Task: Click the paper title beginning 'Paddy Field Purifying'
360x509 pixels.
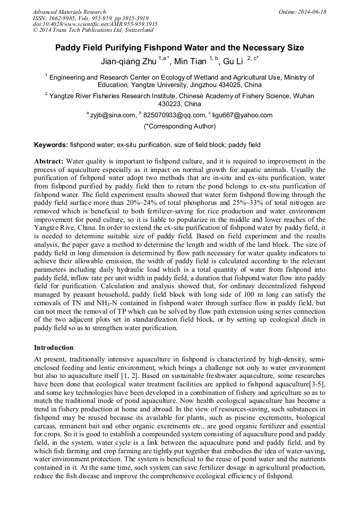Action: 179,48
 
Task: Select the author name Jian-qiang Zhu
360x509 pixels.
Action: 125,62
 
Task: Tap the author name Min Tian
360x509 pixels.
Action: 191,62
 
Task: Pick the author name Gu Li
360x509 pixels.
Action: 233,62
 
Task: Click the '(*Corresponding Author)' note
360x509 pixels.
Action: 179,126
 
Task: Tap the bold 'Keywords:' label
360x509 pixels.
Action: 51,144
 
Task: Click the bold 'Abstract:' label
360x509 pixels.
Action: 49,161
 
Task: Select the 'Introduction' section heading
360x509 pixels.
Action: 54,348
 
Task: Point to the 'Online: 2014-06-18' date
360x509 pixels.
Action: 303,12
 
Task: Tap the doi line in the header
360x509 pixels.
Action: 95,24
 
